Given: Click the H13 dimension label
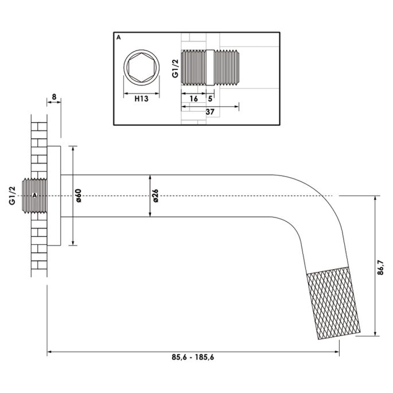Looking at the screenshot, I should pyautogui.click(x=142, y=99).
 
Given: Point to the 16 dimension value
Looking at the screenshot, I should pyautogui.click(x=193, y=99).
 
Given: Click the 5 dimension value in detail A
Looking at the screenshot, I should pyautogui.click(x=210, y=99).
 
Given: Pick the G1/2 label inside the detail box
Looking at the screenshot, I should pyautogui.click(x=174, y=68).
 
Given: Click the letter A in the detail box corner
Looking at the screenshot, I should pyautogui.click(x=119, y=37).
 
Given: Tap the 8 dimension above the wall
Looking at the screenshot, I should pyautogui.click(x=53, y=97).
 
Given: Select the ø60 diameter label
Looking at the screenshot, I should pyautogui.click(x=79, y=196).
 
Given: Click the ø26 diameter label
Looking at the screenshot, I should pyautogui.click(x=155, y=196).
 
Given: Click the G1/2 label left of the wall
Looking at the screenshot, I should pyautogui.click(x=12, y=196).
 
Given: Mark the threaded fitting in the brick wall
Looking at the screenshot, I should pyautogui.click(x=36, y=196).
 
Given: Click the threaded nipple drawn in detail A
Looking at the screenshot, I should pyautogui.click(x=210, y=68).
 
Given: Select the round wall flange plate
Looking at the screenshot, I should pyautogui.click(x=54, y=196).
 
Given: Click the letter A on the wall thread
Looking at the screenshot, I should pyautogui.click(x=35, y=196).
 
